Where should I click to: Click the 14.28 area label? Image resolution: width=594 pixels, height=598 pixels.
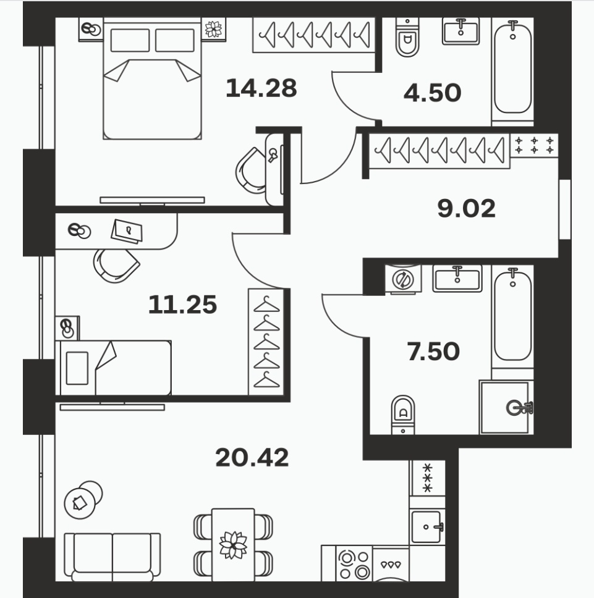tap(261, 88)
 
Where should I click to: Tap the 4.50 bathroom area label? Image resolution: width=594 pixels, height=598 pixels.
tap(432, 93)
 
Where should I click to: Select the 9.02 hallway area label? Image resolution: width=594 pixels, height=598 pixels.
tap(466, 208)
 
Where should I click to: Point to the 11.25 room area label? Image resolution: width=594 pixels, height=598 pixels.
tap(182, 305)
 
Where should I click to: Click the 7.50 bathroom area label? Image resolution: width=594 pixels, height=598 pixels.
tap(433, 352)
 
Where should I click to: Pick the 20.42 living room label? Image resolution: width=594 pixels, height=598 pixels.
tap(252, 457)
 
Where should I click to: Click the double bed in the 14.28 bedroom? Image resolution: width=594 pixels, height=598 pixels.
tap(152, 80)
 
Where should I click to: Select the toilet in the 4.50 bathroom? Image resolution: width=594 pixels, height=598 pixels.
tap(407, 37)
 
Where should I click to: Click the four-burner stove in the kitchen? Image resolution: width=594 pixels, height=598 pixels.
tap(354, 564)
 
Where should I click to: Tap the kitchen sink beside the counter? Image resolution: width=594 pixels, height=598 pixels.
tap(427, 527)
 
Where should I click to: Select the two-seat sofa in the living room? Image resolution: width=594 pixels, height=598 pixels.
tap(112, 557)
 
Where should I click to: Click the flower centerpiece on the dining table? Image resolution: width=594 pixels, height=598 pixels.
tap(233, 545)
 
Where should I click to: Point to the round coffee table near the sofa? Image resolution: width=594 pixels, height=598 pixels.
tap(80, 503)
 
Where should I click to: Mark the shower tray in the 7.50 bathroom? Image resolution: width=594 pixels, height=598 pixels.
tap(506, 407)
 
